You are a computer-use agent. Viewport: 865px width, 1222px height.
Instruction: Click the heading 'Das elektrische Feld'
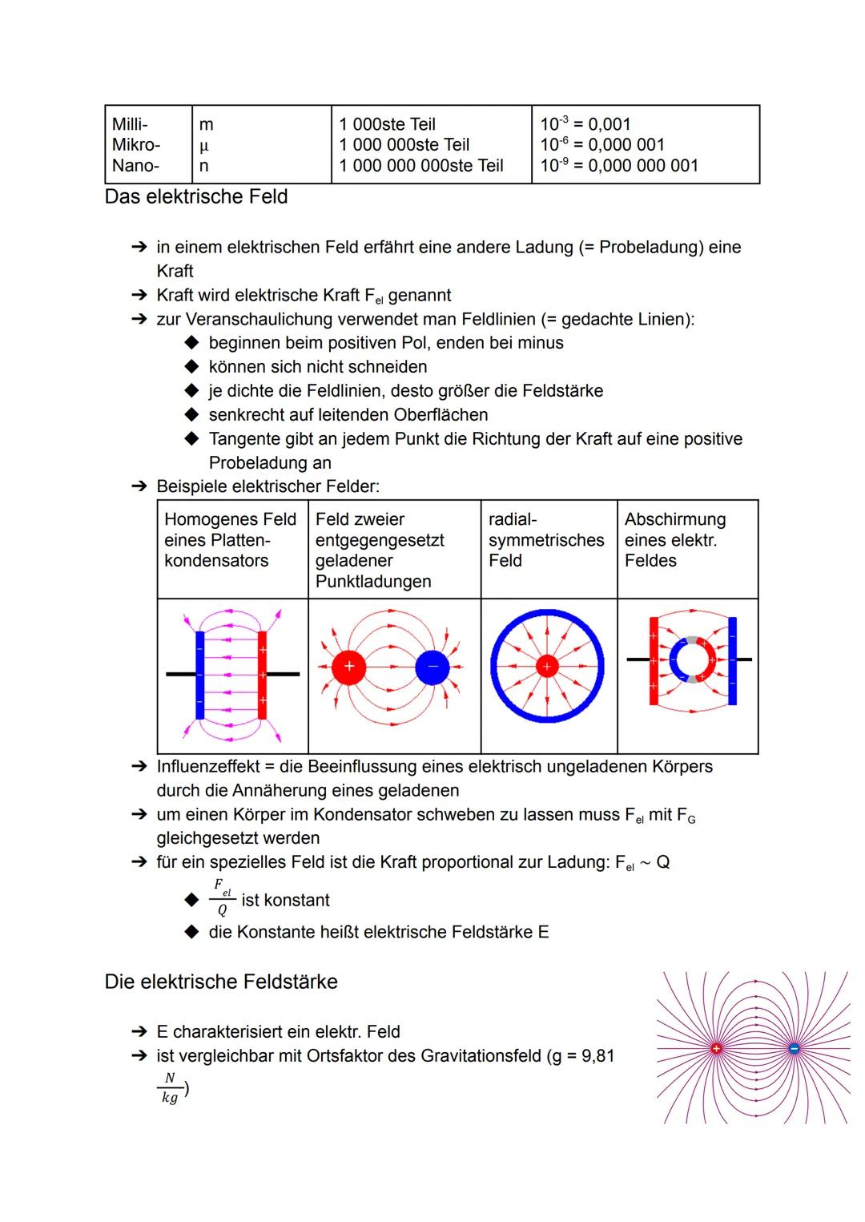tap(196, 197)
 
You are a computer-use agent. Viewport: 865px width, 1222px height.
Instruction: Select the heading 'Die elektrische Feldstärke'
tap(221, 982)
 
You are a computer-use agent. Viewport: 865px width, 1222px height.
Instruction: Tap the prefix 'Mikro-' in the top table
tap(136, 145)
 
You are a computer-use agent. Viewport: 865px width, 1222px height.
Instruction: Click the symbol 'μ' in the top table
tap(203, 146)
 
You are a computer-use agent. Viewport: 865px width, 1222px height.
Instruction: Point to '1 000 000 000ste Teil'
tap(421, 166)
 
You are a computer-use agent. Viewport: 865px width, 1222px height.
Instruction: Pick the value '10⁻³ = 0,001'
tap(585, 124)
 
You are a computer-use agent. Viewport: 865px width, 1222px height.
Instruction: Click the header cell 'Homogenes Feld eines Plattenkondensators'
tap(230, 540)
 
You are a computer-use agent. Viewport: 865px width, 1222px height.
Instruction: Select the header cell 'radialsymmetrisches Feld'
tap(546, 540)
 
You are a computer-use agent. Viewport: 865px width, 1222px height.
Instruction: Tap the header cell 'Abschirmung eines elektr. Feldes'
tap(675, 540)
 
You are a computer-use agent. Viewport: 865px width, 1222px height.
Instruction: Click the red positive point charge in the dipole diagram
tap(348, 667)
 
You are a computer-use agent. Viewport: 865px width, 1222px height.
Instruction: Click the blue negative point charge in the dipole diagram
tap(432, 667)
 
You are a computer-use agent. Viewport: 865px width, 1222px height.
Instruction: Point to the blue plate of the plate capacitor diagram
tap(199, 675)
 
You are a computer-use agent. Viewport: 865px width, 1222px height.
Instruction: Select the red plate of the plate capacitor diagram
tap(262, 675)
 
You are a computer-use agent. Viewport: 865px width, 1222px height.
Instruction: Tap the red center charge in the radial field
tap(547, 667)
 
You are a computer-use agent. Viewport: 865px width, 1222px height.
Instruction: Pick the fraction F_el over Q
tap(222, 898)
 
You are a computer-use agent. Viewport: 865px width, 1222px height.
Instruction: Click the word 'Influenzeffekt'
tap(208, 767)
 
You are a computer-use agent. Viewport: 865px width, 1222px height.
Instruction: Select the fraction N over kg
tap(170, 1088)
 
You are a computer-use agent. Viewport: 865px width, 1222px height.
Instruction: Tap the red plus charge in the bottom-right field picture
tap(716, 1048)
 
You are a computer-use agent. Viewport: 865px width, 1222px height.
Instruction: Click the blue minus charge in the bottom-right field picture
tap(794, 1048)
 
